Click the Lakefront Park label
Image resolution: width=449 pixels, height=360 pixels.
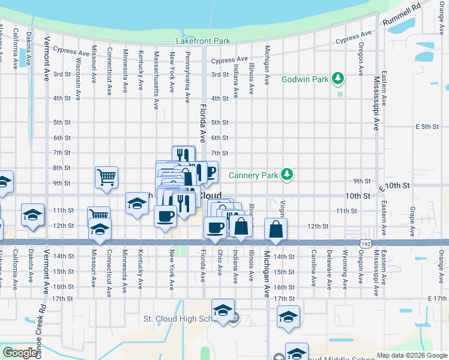[203, 41]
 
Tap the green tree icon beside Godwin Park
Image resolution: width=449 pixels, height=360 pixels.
[339, 79]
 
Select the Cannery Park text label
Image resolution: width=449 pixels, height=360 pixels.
[253, 175]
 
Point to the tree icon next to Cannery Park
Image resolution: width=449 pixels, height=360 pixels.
[288, 175]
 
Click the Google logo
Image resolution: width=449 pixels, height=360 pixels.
[20, 353]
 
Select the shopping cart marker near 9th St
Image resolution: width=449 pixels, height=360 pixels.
[106, 177]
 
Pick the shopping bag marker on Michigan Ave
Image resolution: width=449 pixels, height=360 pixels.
[276, 229]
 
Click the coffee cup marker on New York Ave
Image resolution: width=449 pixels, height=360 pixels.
[165, 216]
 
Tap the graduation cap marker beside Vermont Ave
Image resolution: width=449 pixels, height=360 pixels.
[32, 215]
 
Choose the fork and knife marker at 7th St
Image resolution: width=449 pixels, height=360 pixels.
[183, 156]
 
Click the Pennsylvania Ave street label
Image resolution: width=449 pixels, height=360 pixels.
[188, 77]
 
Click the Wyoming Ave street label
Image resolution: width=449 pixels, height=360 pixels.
[345, 271]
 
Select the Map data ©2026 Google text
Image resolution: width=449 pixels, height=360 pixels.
[411, 355]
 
